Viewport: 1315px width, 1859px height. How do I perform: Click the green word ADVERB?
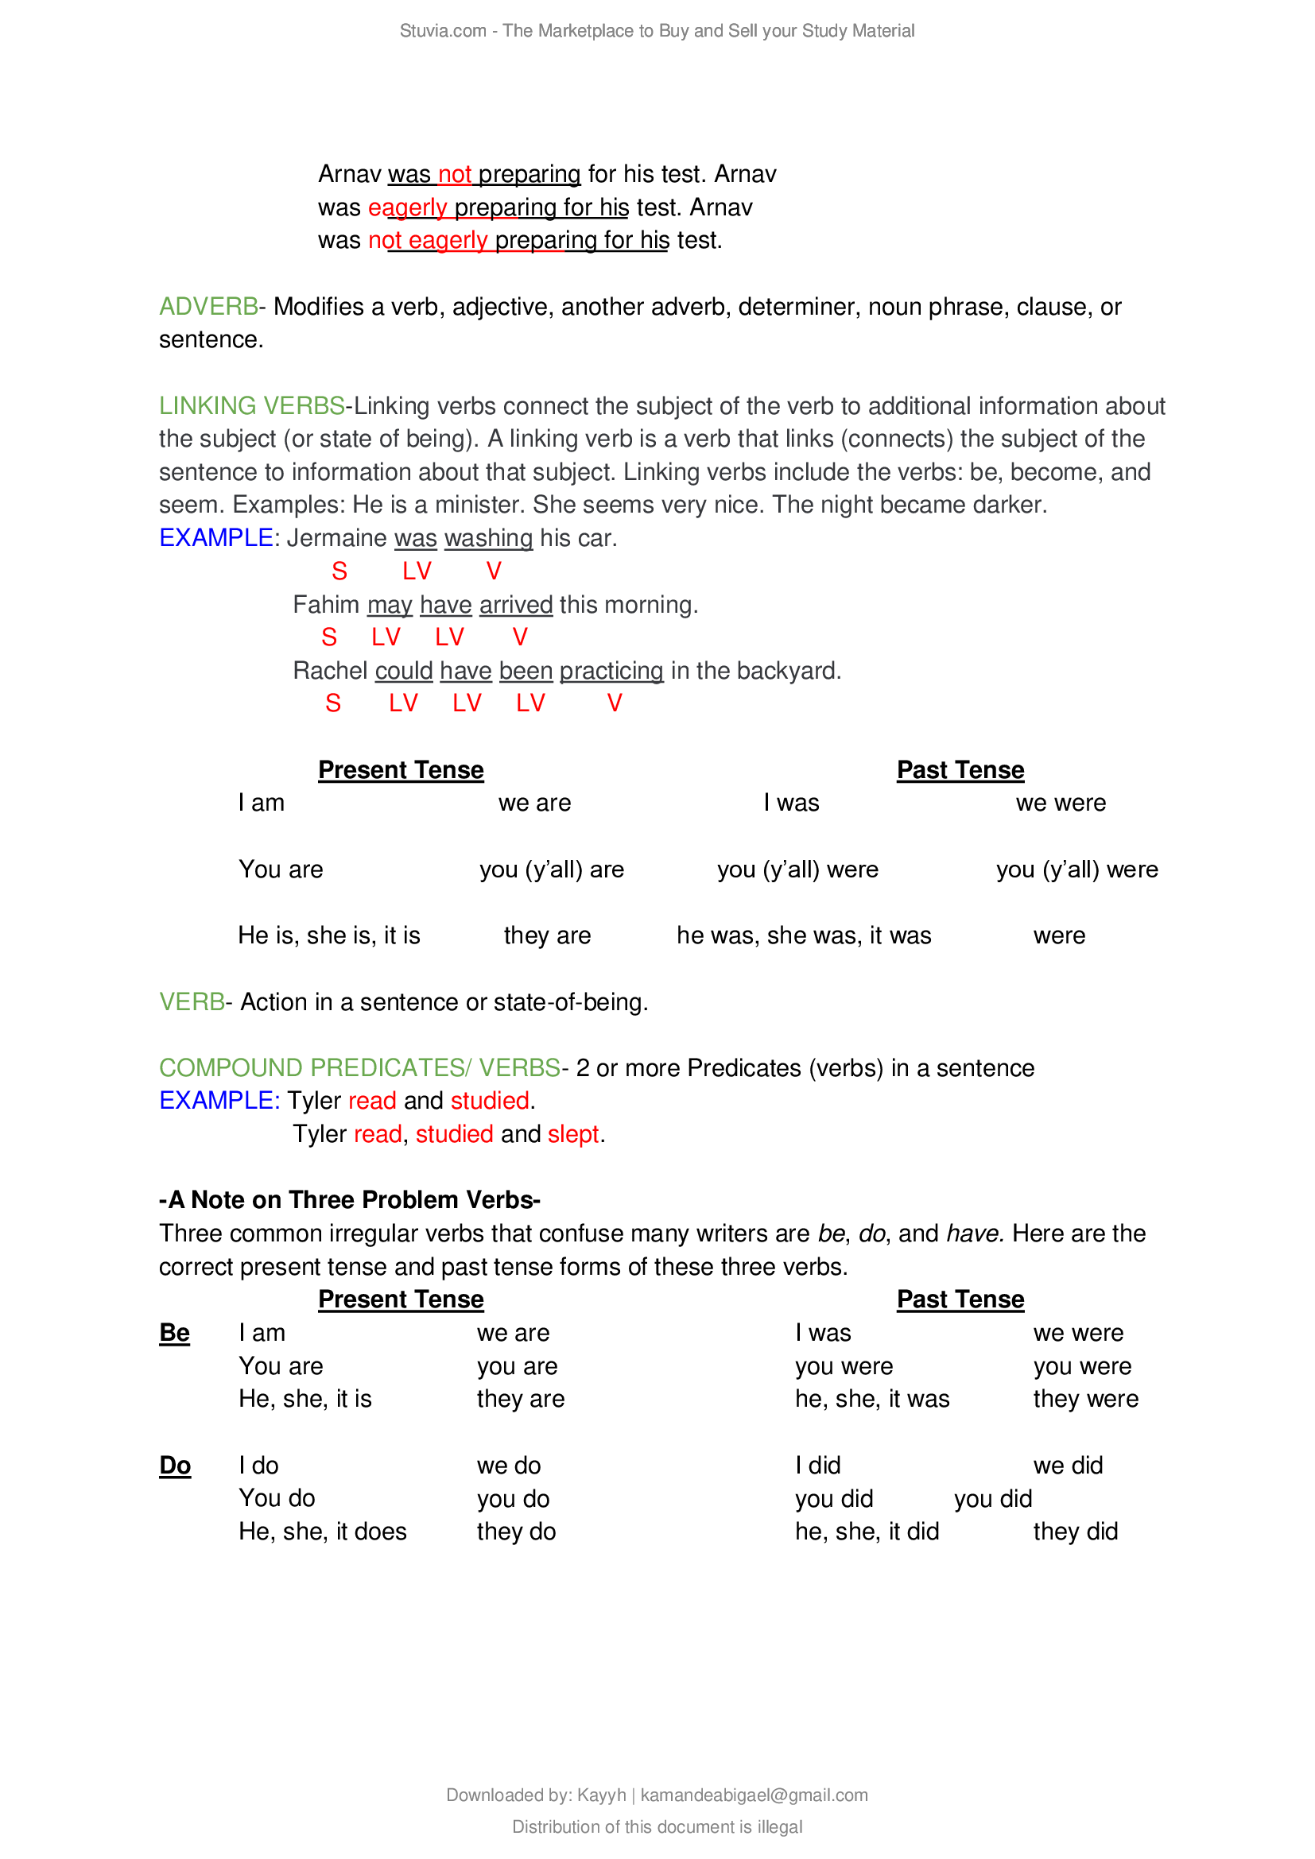tap(208, 307)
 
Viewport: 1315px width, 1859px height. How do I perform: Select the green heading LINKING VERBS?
tap(252, 405)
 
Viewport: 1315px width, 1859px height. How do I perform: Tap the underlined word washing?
tap(488, 537)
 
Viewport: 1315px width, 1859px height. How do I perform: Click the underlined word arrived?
tap(516, 605)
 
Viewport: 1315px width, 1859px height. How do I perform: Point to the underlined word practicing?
tap(611, 671)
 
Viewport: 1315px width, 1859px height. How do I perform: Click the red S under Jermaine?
tap(339, 571)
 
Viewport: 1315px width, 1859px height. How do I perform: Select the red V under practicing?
tap(615, 703)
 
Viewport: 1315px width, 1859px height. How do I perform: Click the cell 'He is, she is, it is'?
tap(329, 935)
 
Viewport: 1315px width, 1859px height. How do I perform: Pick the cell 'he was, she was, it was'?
tap(804, 935)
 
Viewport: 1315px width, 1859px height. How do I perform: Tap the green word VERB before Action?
tap(192, 1002)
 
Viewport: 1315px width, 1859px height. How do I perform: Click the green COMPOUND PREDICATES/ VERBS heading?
tap(359, 1068)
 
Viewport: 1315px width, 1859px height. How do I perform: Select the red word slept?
tap(573, 1134)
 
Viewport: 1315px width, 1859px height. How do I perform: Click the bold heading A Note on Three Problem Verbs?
tap(350, 1200)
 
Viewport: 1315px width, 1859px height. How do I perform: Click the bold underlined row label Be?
tap(174, 1333)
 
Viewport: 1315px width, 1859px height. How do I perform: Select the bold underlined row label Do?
tap(175, 1466)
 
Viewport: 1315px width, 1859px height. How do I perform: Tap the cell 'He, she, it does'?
tap(322, 1532)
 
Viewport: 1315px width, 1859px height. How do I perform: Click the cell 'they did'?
tap(1076, 1532)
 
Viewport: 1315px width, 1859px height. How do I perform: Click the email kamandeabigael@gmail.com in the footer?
tap(754, 1795)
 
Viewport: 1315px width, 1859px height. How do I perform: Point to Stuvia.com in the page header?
tap(442, 31)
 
